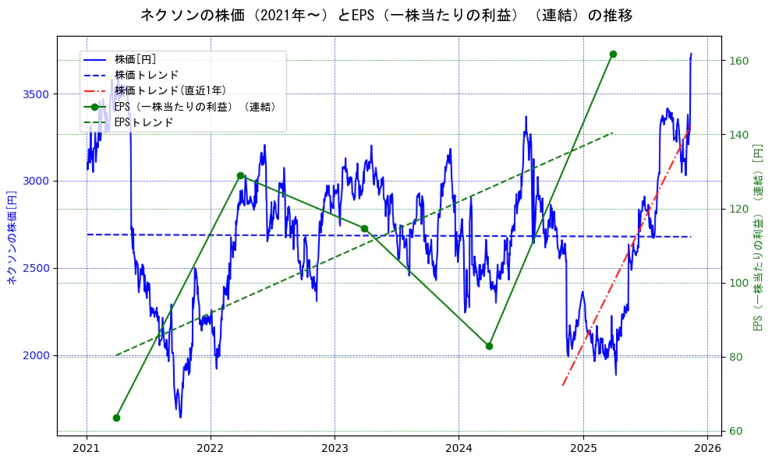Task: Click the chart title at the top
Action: tap(386, 15)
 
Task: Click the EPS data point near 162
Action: tap(613, 54)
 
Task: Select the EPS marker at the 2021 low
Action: tap(116, 418)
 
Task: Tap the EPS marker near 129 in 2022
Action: tap(240, 175)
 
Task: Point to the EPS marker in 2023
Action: tap(364, 228)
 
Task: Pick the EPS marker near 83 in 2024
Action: tap(489, 346)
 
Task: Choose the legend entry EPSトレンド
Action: tap(143, 122)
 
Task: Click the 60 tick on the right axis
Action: tap(734, 432)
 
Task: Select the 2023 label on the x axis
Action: tap(335, 450)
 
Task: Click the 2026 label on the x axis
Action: tap(706, 450)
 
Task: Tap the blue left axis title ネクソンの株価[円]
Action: tap(12, 237)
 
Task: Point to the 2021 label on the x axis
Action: tap(87, 450)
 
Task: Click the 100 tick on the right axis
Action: tap(737, 283)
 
